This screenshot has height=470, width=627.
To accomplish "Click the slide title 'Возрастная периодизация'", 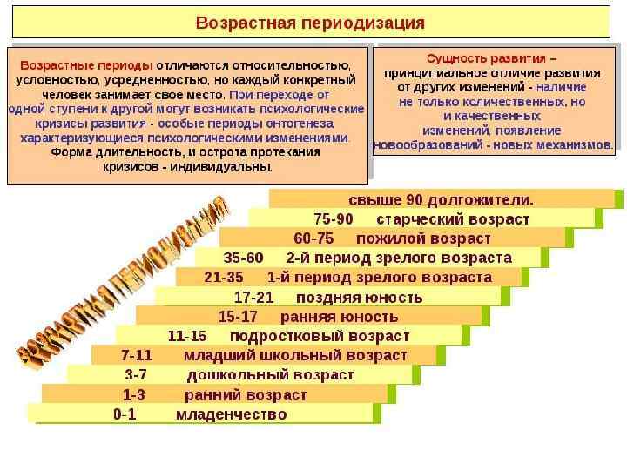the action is coord(310,21).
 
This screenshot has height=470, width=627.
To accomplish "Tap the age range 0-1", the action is coord(125,414).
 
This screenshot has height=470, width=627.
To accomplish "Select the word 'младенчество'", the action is coord(231,414).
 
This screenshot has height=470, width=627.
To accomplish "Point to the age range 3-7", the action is coord(136,375).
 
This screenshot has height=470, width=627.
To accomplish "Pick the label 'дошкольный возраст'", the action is coord(270,375).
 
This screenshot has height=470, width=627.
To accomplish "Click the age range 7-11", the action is coord(137,355).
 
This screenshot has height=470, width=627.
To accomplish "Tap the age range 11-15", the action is coord(187,335).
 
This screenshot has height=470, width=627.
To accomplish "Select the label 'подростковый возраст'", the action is coord(320,335).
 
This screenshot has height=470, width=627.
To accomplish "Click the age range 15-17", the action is coord(238,316).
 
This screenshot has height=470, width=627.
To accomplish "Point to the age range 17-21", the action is coord(254,297).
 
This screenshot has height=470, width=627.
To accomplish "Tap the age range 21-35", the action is coord(224,278).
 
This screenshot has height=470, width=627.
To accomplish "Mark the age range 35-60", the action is coord(244,258).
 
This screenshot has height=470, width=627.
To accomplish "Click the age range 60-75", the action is coord(313,238).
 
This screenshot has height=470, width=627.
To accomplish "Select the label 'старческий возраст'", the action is coord(458,218).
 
